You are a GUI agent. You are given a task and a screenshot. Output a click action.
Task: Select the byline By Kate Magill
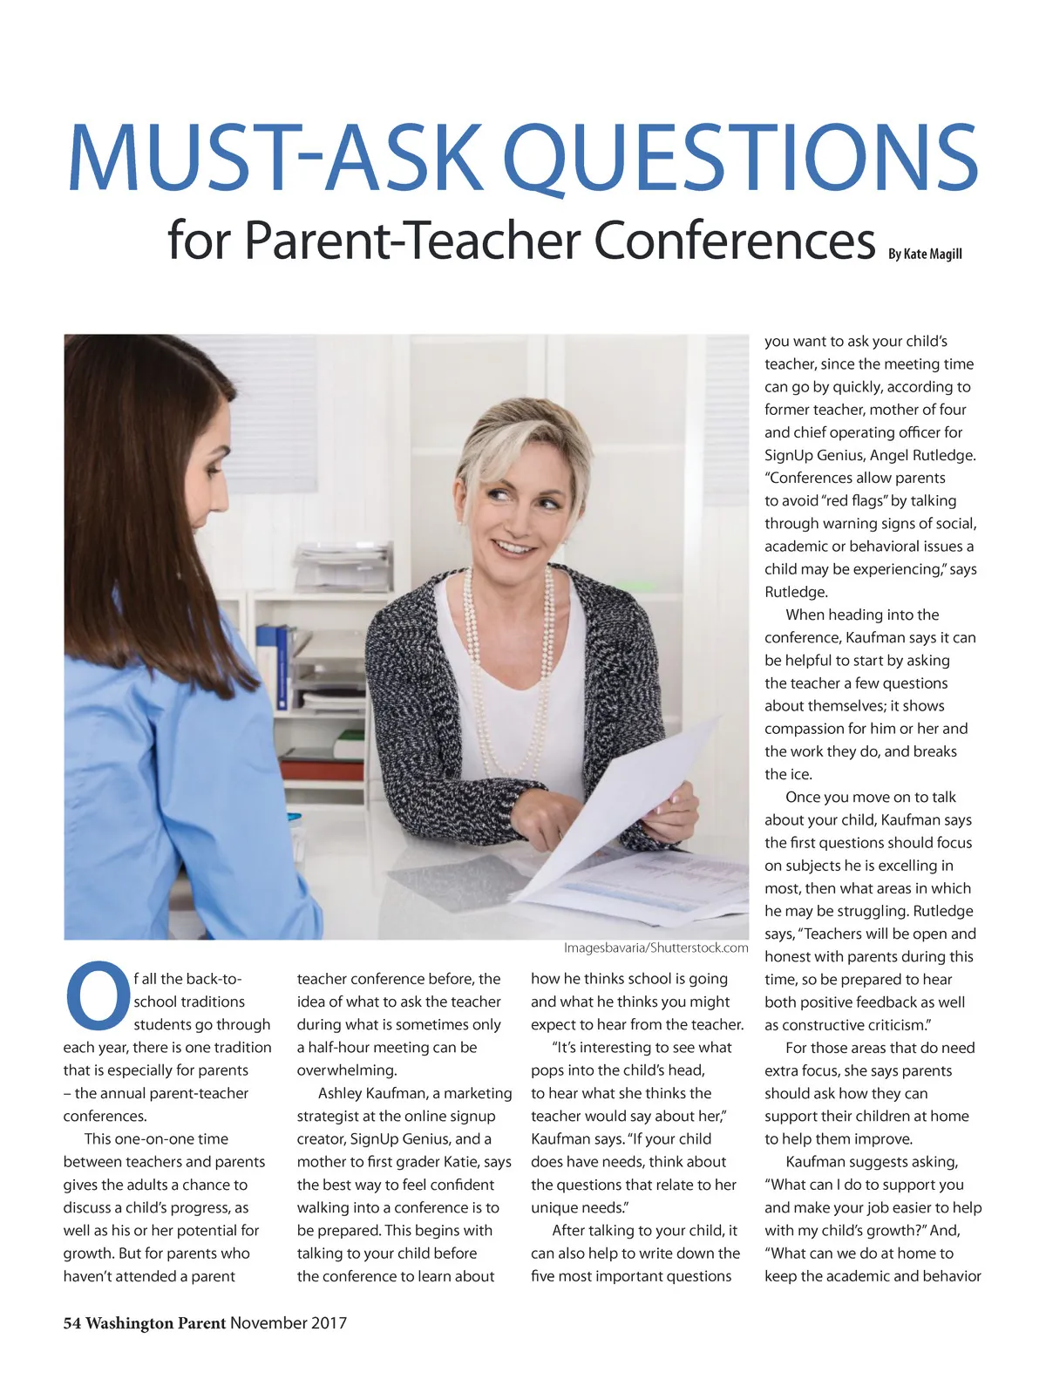(925, 254)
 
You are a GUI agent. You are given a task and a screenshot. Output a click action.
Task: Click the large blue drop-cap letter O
(96, 993)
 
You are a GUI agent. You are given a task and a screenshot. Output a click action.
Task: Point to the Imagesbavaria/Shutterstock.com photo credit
(655, 948)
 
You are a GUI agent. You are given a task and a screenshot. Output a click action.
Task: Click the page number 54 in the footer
(71, 1323)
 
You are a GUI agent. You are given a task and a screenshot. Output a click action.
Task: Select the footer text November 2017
(289, 1323)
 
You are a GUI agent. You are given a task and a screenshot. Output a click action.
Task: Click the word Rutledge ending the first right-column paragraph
(796, 592)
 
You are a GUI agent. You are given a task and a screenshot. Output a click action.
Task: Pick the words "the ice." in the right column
(788, 774)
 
